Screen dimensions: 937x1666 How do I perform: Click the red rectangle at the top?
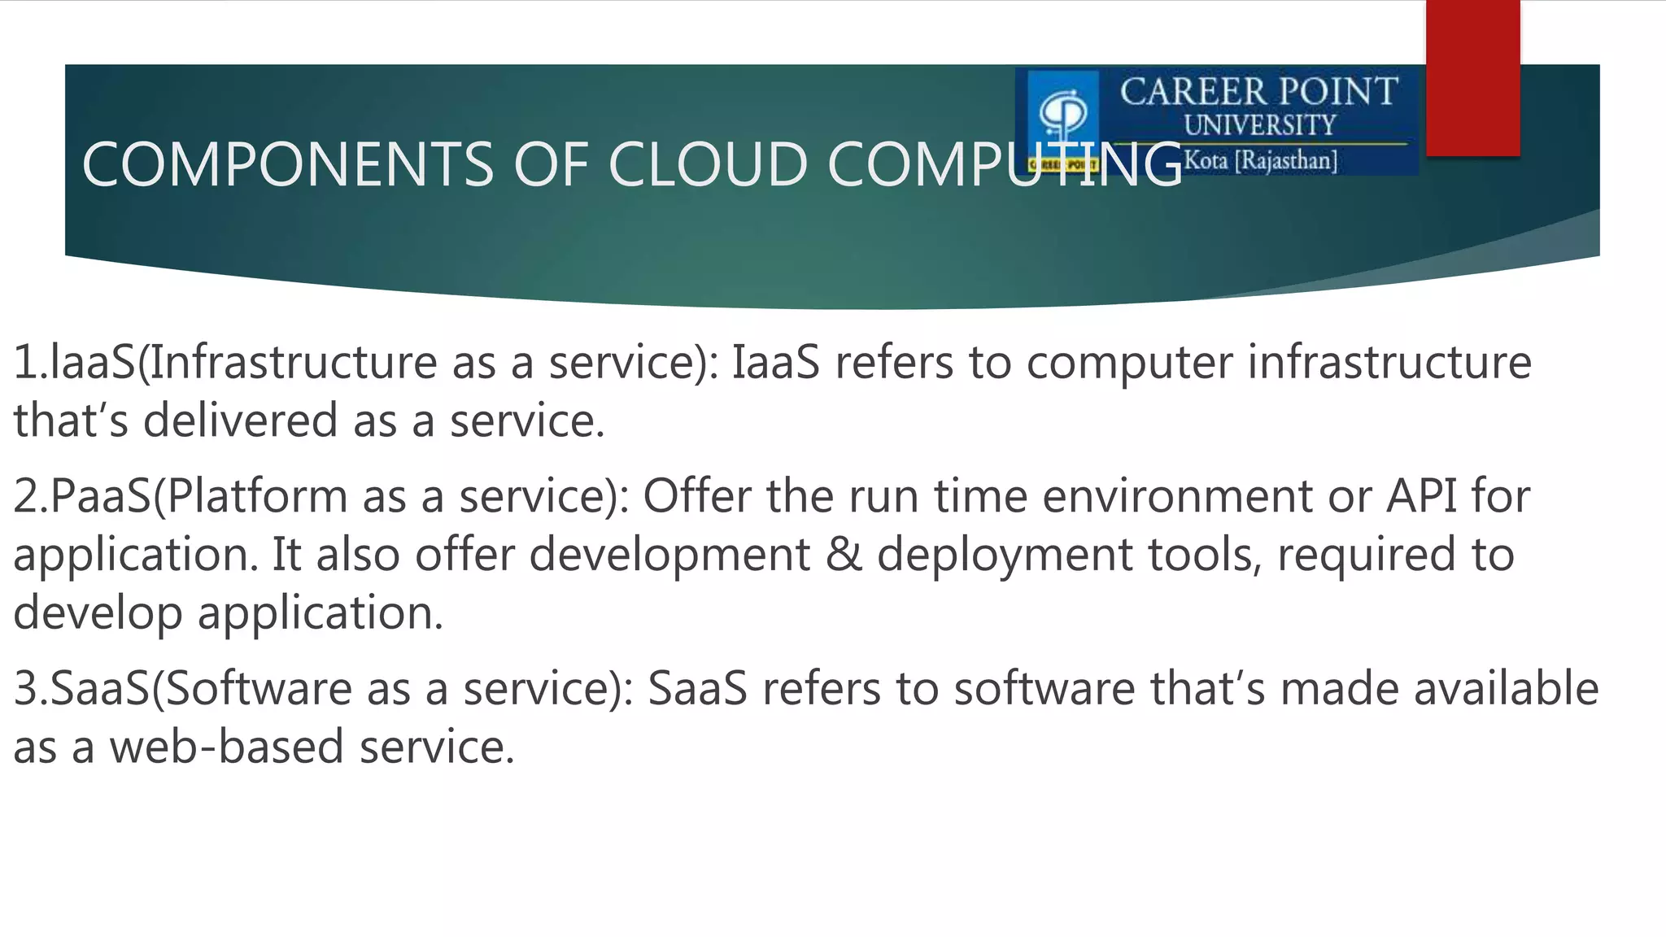(x=1472, y=77)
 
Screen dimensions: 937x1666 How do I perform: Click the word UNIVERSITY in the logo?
(x=1259, y=125)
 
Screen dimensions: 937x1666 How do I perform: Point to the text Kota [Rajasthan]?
(x=1260, y=159)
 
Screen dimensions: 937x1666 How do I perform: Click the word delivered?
(x=241, y=421)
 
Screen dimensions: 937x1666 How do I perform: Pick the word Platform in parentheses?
(x=257, y=495)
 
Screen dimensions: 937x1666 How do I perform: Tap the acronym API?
(x=1421, y=495)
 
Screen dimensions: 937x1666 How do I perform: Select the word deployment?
(x=1005, y=555)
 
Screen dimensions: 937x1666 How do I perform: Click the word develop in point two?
(x=98, y=612)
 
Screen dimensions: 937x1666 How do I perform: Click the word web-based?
(x=227, y=747)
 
